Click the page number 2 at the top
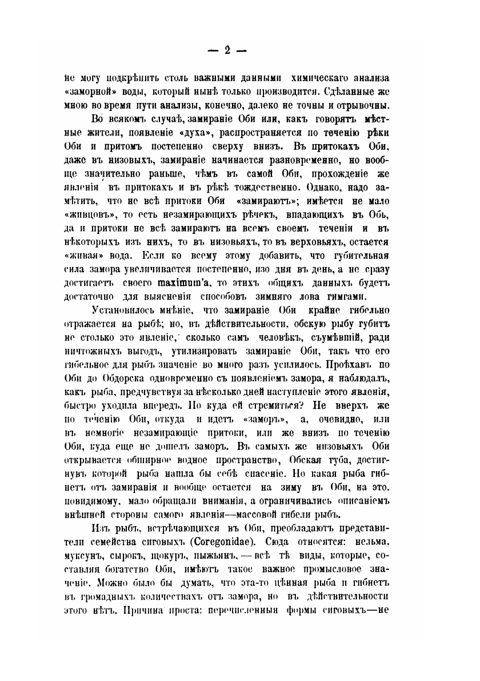pos(226,50)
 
